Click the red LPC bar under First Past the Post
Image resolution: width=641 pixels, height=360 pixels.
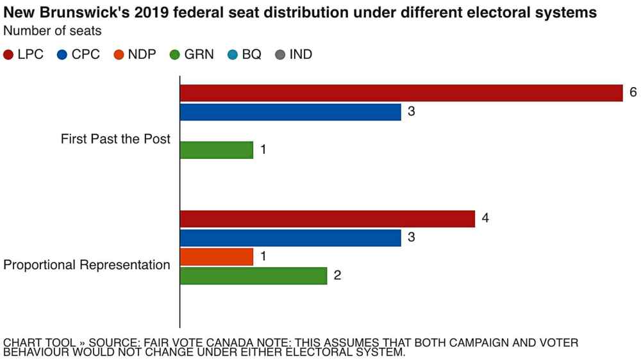tap(401, 93)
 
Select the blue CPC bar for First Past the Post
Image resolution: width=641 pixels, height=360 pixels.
tap(290, 112)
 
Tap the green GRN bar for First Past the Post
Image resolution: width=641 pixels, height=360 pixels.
tap(217, 150)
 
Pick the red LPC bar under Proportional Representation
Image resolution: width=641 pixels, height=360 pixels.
tap(327, 218)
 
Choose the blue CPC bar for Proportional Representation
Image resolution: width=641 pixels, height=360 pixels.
tap(290, 238)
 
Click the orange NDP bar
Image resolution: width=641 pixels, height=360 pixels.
tap(217, 257)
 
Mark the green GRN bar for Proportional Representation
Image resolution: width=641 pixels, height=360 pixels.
tap(253, 276)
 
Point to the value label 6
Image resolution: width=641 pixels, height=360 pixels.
tap(633, 92)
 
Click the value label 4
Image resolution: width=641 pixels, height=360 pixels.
tap(485, 218)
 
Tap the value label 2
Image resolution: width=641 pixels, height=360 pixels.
tap(337, 276)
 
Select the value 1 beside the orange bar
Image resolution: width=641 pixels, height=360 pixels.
tap(263, 257)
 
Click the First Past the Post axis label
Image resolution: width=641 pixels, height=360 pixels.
tap(115, 139)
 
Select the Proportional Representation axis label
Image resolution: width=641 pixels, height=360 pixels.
tap(87, 265)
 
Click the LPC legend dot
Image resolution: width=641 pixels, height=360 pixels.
tap(8, 55)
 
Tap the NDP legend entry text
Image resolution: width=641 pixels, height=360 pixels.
tap(142, 55)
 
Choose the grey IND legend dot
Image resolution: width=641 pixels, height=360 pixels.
tap(279, 55)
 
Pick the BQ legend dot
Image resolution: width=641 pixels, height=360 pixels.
tap(232, 55)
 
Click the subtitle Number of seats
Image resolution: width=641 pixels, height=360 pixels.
tap(53, 30)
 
